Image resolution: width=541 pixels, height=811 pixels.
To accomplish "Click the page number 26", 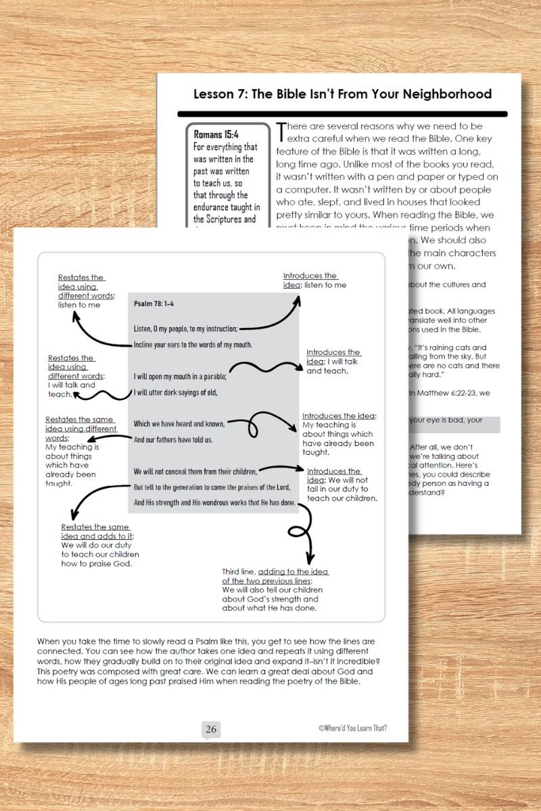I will (x=211, y=729).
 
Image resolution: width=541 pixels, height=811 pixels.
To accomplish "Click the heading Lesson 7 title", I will (x=342, y=94).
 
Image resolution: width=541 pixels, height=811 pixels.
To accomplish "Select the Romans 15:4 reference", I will (x=216, y=134).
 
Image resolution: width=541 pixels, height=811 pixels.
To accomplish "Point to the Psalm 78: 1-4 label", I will (x=155, y=303).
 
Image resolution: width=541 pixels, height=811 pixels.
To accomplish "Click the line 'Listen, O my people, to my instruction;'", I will (x=185, y=328).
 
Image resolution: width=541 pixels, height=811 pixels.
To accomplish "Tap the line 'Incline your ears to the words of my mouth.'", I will (x=193, y=345).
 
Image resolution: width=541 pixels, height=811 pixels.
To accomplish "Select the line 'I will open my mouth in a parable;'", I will (x=180, y=376).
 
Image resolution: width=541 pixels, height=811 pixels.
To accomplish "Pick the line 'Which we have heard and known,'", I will (x=179, y=424).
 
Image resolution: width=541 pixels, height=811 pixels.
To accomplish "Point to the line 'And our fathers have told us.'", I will (x=173, y=439).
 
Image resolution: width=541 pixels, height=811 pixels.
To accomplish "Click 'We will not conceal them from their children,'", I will (x=195, y=471).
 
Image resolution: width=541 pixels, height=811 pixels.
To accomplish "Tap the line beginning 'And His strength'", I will (x=213, y=502).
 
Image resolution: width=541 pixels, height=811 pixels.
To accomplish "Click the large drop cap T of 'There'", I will (x=282, y=132).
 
